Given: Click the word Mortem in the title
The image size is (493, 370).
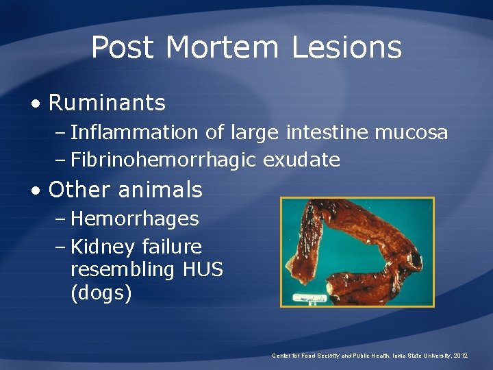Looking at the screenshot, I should (223, 48).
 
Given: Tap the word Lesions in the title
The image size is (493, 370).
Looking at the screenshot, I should (346, 48).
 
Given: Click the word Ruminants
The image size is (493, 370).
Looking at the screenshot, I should (107, 103).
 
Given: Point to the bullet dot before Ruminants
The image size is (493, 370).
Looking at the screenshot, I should (35, 104).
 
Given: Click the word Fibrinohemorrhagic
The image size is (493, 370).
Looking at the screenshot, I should (164, 160).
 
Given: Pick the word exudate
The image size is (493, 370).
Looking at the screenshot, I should (302, 160).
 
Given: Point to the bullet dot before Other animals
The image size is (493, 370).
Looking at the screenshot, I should (35, 190).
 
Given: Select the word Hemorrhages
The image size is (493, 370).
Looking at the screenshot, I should (135, 219).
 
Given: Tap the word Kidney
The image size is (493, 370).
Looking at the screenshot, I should (102, 247).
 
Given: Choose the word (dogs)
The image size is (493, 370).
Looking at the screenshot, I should (101, 293).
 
